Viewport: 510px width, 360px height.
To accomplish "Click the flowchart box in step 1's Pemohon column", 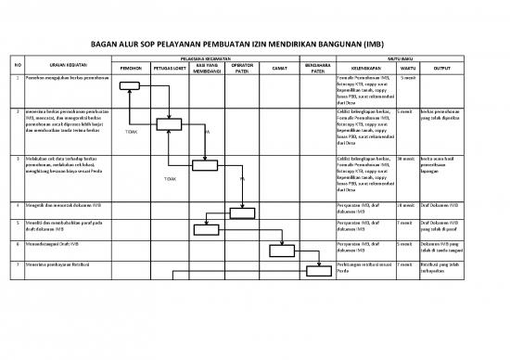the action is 128,85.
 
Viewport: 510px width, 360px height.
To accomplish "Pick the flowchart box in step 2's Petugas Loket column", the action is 169,124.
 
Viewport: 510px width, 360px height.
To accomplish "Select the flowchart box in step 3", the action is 205,167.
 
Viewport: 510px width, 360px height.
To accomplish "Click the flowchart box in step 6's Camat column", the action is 281,249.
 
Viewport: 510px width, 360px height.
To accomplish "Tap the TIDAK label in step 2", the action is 130,132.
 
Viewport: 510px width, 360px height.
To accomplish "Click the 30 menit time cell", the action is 406,159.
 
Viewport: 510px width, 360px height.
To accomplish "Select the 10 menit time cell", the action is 406,203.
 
